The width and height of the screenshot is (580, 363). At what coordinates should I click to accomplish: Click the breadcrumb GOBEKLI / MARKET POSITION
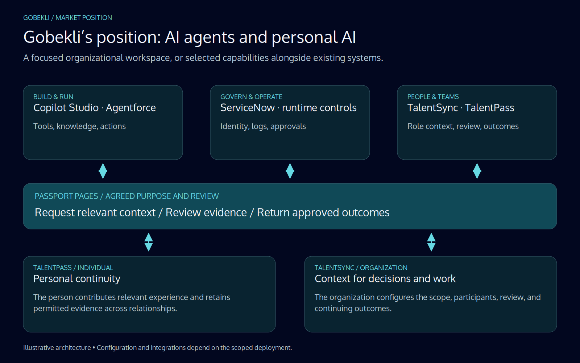pos(67,18)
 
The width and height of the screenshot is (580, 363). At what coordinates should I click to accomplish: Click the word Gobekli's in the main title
pos(58,37)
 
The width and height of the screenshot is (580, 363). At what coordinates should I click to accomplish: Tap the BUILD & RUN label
pos(53,97)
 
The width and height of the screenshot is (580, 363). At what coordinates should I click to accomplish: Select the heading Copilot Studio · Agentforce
pos(95,108)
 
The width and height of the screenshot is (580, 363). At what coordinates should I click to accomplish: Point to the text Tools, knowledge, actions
pos(79,126)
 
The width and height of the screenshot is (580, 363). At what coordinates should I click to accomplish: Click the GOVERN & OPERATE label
pos(251,97)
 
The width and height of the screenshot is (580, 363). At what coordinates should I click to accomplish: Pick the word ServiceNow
pos(247,108)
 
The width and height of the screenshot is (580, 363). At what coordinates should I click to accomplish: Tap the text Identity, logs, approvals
pos(263,126)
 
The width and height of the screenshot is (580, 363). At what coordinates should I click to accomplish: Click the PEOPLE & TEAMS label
pos(433,97)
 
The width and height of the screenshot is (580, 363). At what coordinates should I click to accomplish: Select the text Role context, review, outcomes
pos(463,126)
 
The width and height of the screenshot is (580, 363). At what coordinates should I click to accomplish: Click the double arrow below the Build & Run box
pos(103,171)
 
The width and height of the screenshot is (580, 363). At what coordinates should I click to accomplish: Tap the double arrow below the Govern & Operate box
pos(290,171)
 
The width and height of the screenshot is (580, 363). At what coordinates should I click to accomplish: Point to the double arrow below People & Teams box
pos(477,171)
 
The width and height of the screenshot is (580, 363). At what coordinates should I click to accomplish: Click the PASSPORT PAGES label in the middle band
pos(66,196)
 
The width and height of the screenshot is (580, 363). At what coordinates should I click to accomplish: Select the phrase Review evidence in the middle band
pos(206,213)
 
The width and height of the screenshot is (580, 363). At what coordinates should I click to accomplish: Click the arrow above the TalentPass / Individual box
pos(149,242)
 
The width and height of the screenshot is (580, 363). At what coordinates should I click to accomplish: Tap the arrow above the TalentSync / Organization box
pos(431,242)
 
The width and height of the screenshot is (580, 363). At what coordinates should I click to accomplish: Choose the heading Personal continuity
pos(77,279)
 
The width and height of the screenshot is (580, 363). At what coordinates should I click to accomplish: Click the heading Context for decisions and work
pos(385,279)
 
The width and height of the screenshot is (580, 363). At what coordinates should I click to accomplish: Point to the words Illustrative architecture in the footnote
pos(57,348)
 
